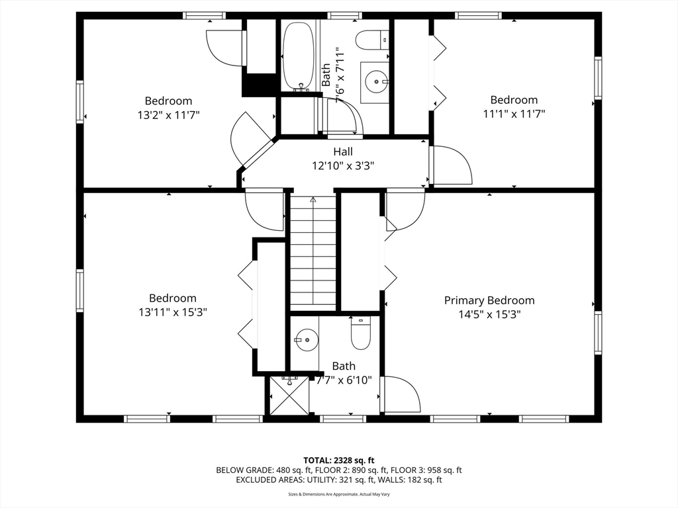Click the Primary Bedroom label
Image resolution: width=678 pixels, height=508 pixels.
489,300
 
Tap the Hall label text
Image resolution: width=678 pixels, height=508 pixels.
343,151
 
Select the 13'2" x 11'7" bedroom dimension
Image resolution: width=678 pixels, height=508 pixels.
169,115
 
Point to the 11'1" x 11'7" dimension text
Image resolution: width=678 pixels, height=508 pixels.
514,114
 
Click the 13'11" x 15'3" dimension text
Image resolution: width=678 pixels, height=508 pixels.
173,312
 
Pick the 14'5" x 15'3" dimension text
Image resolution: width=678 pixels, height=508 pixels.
489,314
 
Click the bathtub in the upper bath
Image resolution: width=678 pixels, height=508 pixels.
299,56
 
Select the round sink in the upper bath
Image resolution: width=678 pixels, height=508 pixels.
376,81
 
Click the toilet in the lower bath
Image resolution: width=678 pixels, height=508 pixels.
361,333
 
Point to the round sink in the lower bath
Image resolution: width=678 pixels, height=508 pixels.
307,339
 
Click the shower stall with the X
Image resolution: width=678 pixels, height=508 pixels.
289,396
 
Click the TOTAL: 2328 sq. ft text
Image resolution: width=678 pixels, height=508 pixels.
338,460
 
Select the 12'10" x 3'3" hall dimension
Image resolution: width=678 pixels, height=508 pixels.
343,165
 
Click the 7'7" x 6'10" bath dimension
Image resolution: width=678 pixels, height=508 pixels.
344,380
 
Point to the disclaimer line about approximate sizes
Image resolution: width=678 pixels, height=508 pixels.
339,494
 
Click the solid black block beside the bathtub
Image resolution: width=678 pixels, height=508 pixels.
259,85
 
